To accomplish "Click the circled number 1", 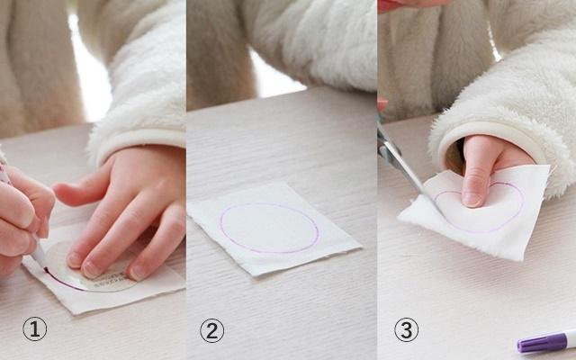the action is tap(35, 329).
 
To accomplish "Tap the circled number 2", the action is tap(212, 330).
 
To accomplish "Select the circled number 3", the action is tap(406, 330).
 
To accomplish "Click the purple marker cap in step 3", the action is tap(542, 343).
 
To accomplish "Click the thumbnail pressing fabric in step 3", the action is tap(472, 199).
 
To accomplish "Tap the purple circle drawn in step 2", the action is tap(269, 228).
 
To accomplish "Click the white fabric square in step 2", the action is tap(274, 229).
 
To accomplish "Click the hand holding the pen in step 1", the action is tap(22, 217).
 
